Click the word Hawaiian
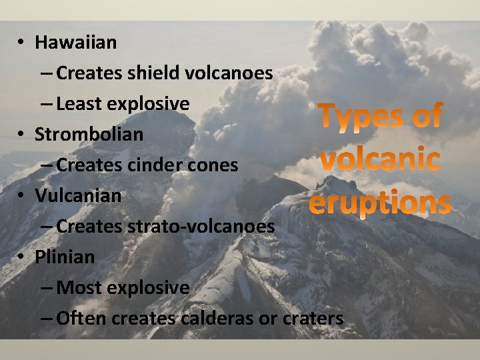click(x=75, y=43)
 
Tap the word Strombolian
click(x=89, y=134)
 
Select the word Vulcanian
click(x=78, y=196)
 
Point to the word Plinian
click(x=65, y=257)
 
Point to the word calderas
click(x=216, y=319)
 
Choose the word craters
click(x=313, y=319)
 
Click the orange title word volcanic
click(x=379, y=160)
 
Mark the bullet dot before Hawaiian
click(x=22, y=43)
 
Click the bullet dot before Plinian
click(x=22, y=257)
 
